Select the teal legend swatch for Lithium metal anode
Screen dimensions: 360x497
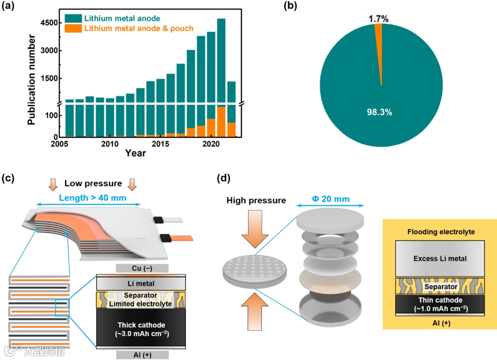click(x=73, y=18)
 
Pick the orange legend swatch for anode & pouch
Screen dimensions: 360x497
click(x=73, y=29)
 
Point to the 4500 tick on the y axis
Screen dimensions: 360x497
click(x=46, y=23)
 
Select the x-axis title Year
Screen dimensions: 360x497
click(x=135, y=153)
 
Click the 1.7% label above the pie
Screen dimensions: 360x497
click(x=378, y=19)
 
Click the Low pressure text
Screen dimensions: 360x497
click(x=93, y=184)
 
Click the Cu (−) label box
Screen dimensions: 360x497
click(x=142, y=268)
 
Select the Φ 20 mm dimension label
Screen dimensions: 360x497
click(x=329, y=199)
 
